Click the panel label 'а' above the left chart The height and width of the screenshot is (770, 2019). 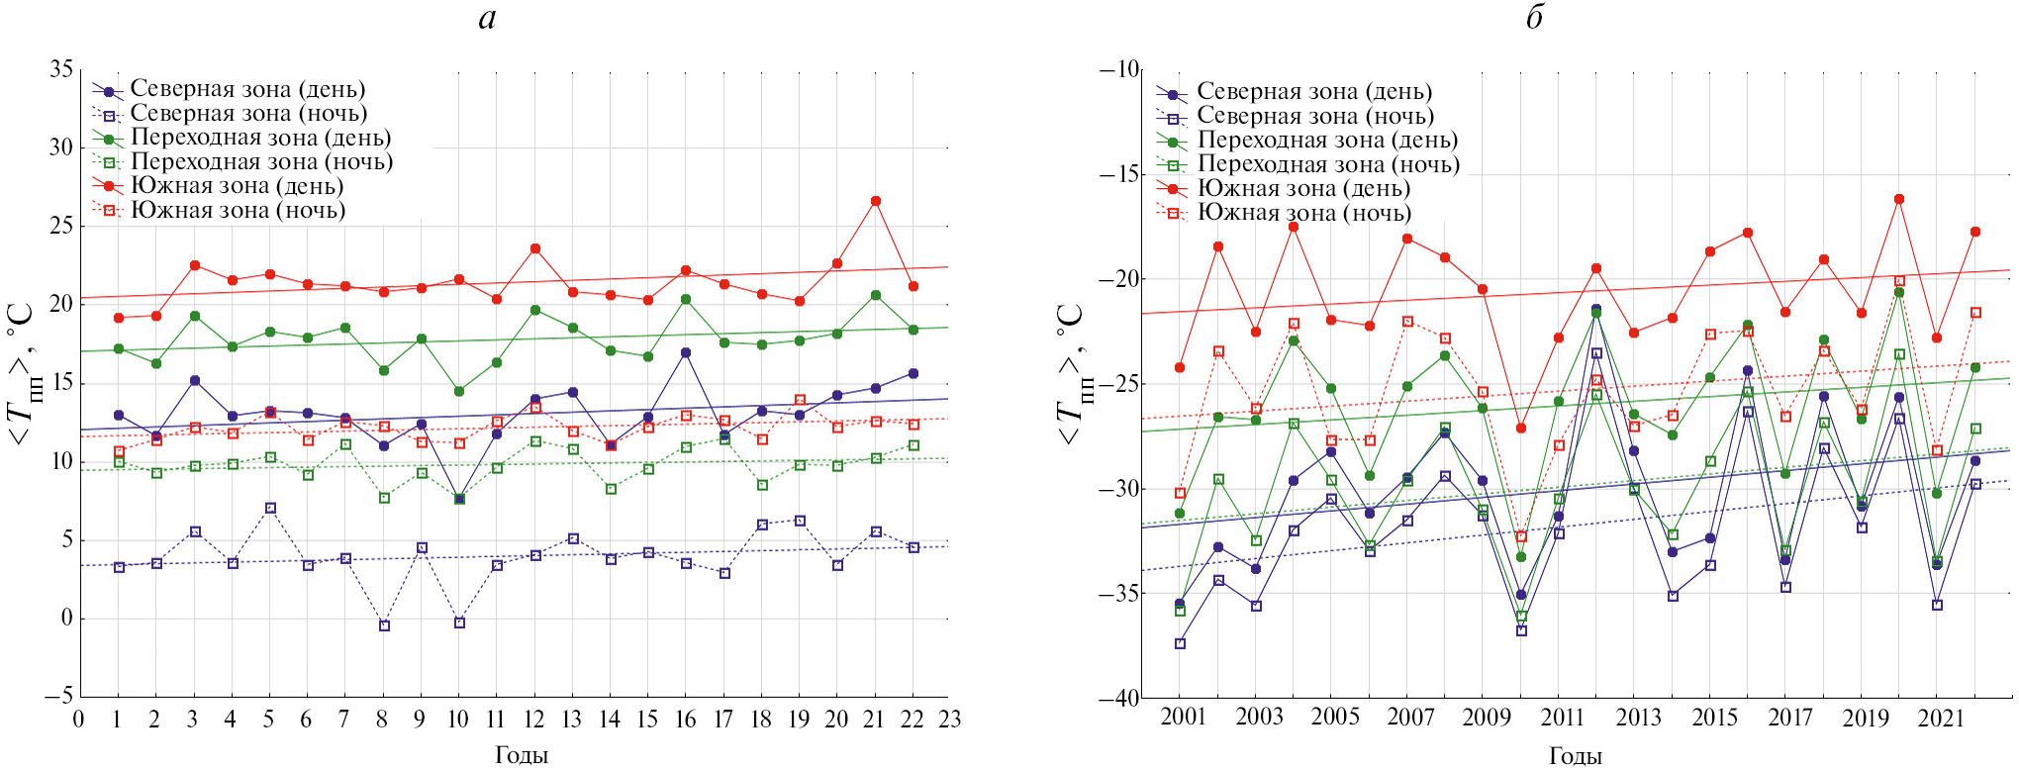487,19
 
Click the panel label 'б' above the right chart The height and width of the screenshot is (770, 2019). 1534,19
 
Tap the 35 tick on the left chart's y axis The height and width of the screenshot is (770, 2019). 61,69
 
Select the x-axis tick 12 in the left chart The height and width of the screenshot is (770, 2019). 533,720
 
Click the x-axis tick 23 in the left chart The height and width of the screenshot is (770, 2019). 950,720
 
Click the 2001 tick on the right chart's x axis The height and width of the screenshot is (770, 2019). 1183,718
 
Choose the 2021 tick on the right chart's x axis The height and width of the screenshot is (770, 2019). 1940,718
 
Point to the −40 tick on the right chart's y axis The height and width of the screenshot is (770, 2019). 1119,698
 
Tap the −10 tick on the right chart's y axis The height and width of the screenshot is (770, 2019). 1119,69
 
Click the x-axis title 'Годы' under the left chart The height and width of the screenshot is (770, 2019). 522,756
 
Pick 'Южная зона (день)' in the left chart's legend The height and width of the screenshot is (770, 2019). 237,186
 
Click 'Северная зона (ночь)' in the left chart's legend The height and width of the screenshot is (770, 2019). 248,113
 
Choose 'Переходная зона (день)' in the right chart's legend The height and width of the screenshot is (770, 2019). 1327,141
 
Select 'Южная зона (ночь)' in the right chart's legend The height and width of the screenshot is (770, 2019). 1304,213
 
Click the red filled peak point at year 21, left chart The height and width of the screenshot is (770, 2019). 875,201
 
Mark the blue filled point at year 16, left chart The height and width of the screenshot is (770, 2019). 686,352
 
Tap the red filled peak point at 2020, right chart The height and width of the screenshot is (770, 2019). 1899,199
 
